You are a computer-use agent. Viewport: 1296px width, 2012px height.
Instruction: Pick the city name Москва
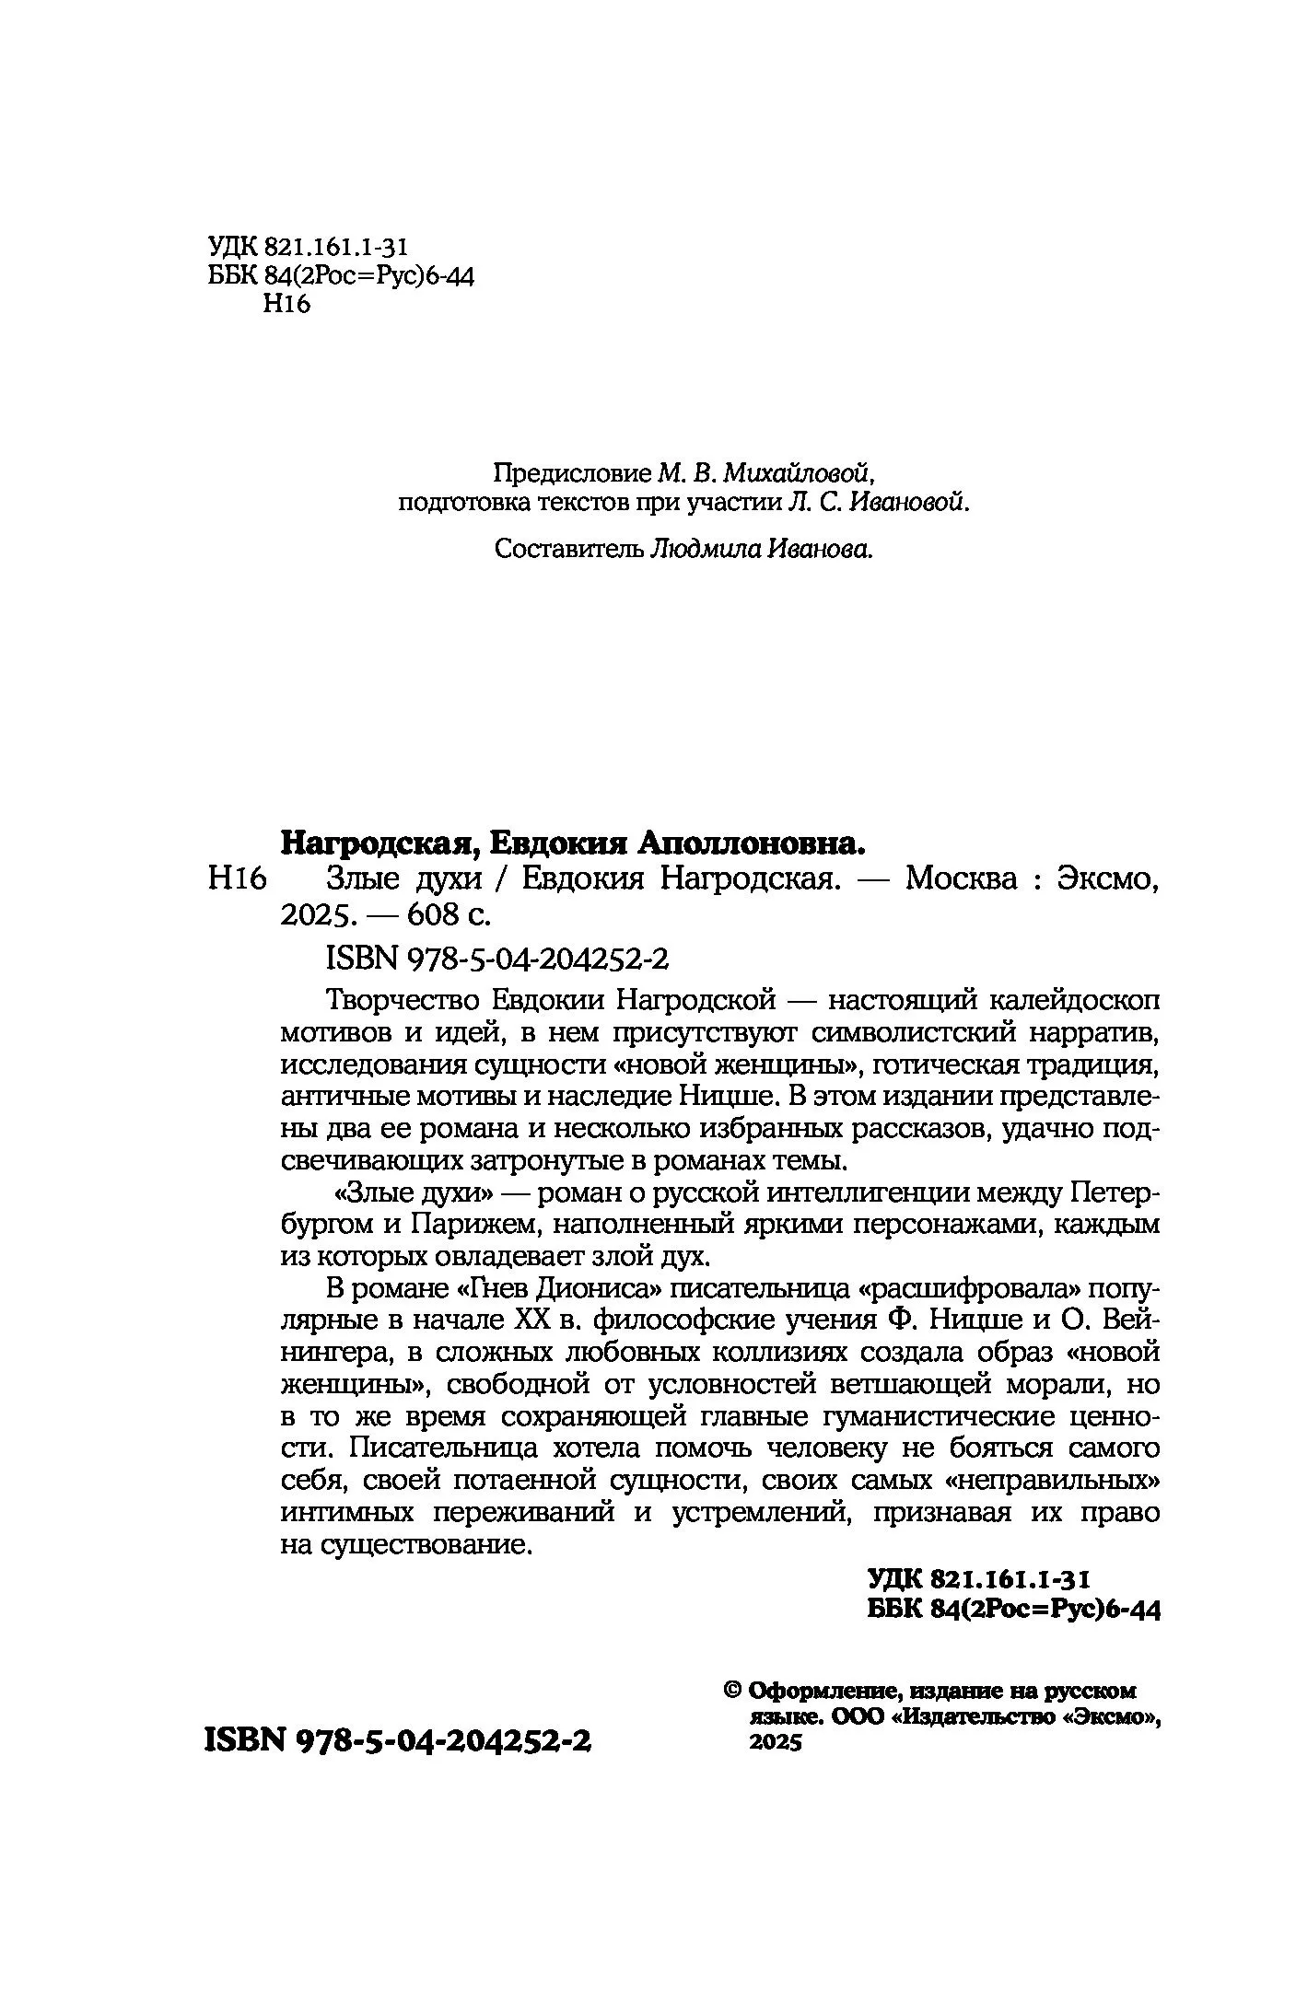(x=961, y=879)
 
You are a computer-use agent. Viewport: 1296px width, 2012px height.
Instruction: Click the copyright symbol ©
(x=734, y=1690)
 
